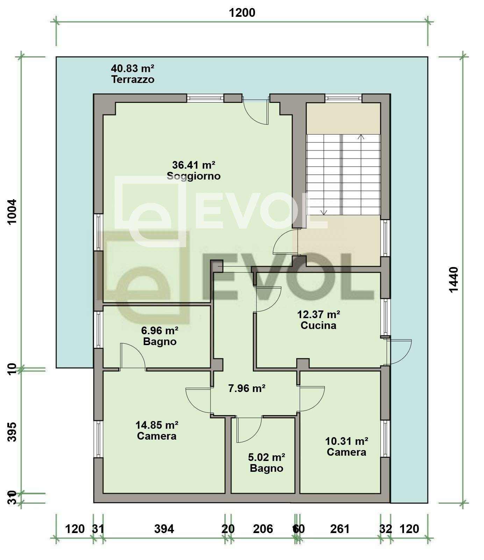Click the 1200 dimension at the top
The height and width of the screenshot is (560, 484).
242,13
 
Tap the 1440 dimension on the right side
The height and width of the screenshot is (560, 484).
453,280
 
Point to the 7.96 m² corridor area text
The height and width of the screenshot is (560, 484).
247,388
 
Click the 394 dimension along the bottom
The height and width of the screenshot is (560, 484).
164,528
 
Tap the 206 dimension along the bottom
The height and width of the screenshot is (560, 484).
263,528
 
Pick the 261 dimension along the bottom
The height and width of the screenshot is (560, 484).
340,528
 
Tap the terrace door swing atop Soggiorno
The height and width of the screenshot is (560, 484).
257,112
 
